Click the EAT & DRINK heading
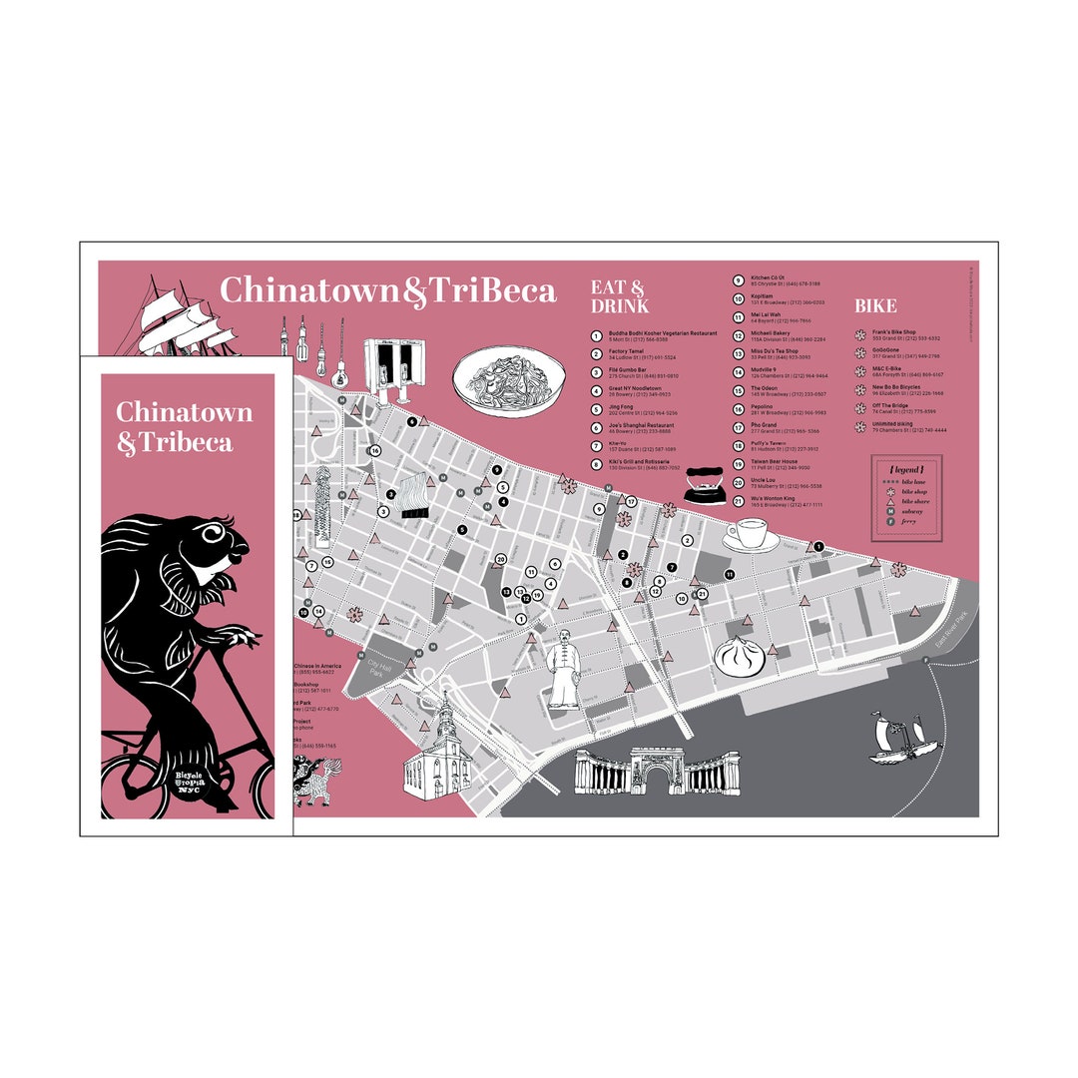pos(620,296)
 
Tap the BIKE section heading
pos(875,305)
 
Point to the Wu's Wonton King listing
pos(773,498)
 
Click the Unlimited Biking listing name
pos(892,424)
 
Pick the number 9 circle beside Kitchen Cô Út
pos(738,280)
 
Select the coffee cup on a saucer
pos(751,536)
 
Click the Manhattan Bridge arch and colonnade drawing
pos(656,773)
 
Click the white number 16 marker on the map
pos(374,451)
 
